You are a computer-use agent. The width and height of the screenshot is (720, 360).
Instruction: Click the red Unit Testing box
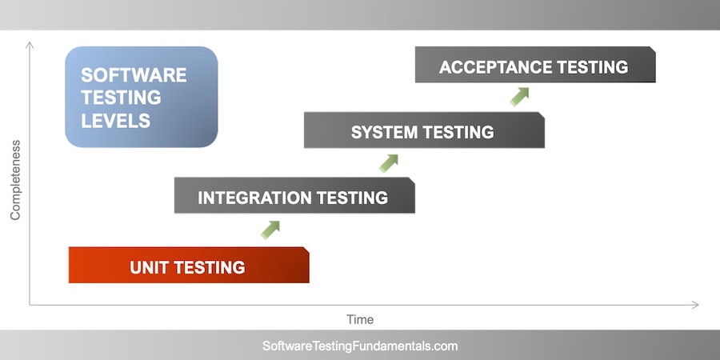pyautogui.click(x=189, y=265)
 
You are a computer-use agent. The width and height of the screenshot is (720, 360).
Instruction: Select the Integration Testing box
pyautogui.click(x=294, y=195)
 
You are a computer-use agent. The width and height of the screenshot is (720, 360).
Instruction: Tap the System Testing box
pyautogui.click(x=424, y=130)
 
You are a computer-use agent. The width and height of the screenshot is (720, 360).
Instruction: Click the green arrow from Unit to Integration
pyautogui.click(x=270, y=230)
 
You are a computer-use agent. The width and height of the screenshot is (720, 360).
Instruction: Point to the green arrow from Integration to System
pyautogui.click(x=389, y=163)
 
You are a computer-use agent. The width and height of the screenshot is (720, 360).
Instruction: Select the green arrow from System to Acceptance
pyautogui.click(x=520, y=96)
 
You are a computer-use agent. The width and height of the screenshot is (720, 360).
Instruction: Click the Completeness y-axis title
pyautogui.click(x=15, y=180)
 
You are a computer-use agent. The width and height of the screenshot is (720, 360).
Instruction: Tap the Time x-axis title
pyautogui.click(x=360, y=319)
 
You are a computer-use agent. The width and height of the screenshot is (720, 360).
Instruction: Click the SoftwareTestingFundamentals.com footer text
pyautogui.click(x=360, y=346)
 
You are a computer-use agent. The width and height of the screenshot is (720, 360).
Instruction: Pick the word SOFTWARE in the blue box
pyautogui.click(x=134, y=75)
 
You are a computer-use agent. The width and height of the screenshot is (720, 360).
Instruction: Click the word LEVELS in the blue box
pyautogui.click(x=115, y=122)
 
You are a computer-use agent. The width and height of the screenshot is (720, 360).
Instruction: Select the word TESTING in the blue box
pyautogui.click(x=121, y=98)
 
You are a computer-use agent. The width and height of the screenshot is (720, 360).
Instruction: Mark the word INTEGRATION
pyautogui.click(x=254, y=198)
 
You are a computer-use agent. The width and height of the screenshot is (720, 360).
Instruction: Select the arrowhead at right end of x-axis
pyautogui.click(x=694, y=305)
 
